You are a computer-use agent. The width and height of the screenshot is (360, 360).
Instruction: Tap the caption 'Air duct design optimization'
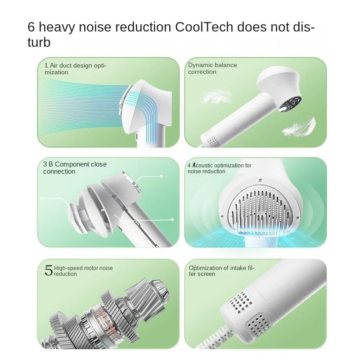(x=75, y=68)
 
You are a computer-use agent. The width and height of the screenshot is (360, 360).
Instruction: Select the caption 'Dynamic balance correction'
(x=212, y=68)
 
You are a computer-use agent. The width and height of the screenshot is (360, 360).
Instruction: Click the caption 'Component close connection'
(x=75, y=168)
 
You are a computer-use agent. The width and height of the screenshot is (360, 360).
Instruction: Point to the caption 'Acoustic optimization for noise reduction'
(x=219, y=168)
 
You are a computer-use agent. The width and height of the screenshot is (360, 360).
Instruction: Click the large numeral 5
(x=48, y=270)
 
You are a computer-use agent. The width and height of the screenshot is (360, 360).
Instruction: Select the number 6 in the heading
(x=31, y=27)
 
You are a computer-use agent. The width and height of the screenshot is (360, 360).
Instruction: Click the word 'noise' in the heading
(x=97, y=27)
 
